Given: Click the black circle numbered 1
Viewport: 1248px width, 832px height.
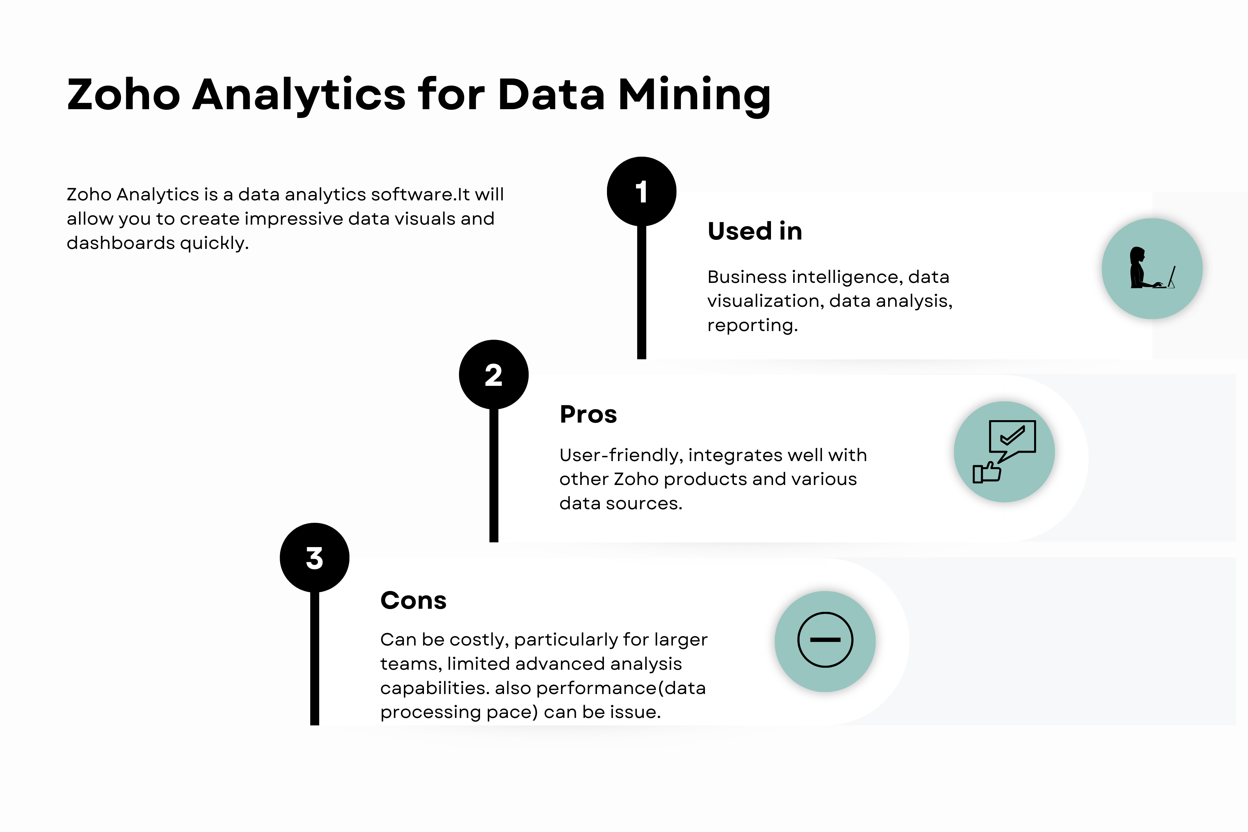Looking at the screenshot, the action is pyautogui.click(x=642, y=192).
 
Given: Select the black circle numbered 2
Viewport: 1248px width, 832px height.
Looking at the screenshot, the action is pyautogui.click(x=493, y=375).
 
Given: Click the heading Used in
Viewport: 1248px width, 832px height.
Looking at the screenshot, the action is pyautogui.click(x=755, y=231).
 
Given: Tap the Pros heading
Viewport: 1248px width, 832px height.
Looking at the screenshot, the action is pyautogui.click(x=588, y=414).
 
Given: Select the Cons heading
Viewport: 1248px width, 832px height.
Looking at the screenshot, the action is pyautogui.click(x=413, y=601).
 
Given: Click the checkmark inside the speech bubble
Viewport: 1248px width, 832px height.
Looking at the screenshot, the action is pyautogui.click(x=1012, y=436).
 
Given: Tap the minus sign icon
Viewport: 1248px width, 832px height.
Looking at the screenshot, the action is pyautogui.click(x=825, y=640).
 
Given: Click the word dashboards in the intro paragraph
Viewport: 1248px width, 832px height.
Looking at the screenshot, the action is pyautogui.click(x=120, y=243).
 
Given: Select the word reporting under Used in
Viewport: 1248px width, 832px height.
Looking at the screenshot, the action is pyautogui.click(x=752, y=325).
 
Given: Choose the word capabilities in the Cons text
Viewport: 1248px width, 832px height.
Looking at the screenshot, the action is pyautogui.click(x=435, y=688).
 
